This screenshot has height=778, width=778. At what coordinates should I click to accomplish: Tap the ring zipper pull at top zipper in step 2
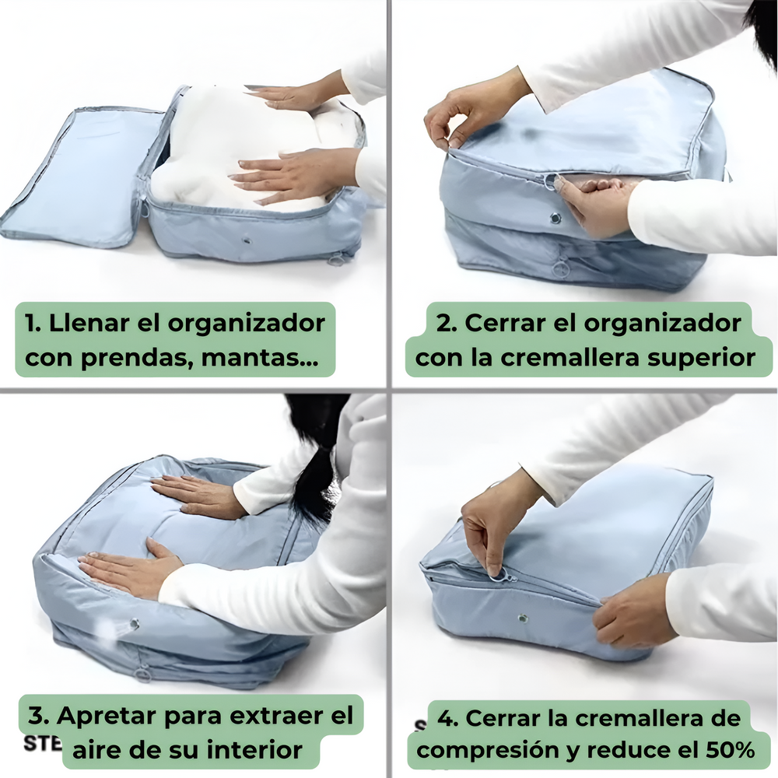click(x=550, y=182)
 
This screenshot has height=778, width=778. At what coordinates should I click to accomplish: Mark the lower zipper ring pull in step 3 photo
click(x=143, y=673)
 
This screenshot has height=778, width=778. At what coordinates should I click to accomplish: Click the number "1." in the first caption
click(x=33, y=323)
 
